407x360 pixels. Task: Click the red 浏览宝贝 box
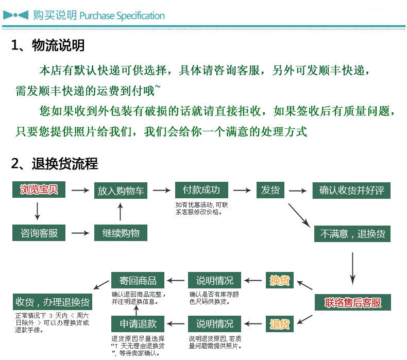39,190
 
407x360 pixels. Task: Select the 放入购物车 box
121,191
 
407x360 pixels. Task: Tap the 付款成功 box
201,190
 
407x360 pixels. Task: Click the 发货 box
270,190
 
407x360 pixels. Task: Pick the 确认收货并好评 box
352,191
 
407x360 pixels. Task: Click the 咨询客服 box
39,233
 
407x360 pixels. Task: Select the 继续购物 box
121,233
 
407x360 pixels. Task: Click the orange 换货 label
280,281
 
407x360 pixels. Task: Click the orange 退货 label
280,324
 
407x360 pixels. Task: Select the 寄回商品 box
138,281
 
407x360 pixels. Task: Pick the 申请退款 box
138,324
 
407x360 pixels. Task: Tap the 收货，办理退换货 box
53,302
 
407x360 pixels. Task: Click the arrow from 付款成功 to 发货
242,190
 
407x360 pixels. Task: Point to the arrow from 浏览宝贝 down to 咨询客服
37,211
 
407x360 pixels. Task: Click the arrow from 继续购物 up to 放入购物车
121,212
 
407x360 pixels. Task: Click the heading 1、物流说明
48,45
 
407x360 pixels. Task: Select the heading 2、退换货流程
55,164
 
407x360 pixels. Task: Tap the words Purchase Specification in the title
122,15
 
